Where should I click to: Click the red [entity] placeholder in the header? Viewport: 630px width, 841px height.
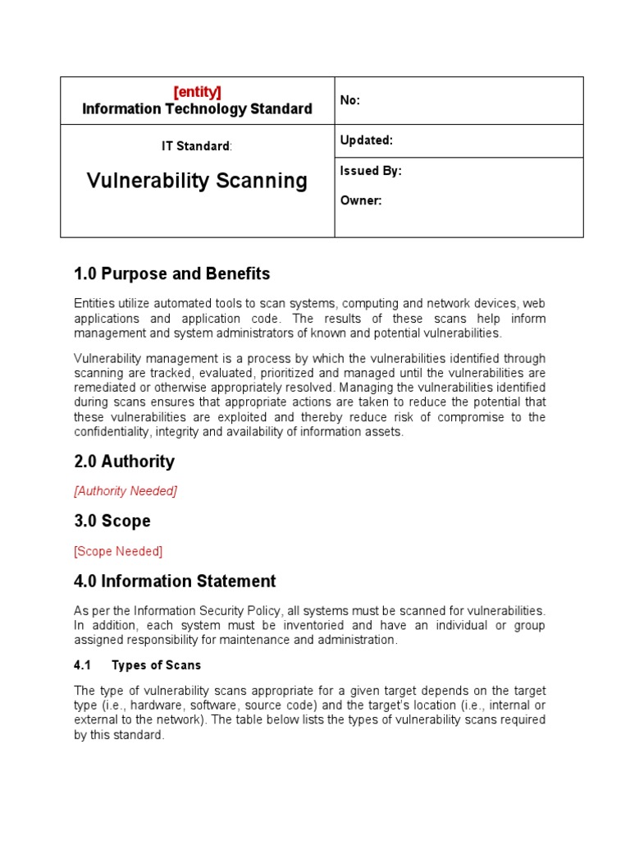pos(197,92)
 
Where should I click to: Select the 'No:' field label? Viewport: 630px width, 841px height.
pos(350,101)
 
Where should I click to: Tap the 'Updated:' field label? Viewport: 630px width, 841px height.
pos(367,140)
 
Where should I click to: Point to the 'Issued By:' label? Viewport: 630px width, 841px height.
pos(371,172)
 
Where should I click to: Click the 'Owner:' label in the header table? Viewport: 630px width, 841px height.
pos(361,200)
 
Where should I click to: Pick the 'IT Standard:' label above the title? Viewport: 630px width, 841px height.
pos(197,146)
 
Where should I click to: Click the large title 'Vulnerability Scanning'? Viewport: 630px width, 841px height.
pos(197,181)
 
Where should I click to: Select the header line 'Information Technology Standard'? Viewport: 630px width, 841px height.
pos(197,109)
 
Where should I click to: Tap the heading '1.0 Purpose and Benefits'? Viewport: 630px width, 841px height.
pos(171,273)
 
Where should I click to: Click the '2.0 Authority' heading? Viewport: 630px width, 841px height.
pos(124,462)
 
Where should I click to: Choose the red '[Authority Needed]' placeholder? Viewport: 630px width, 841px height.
pos(126,491)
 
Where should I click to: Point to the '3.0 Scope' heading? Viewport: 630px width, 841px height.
pos(112,522)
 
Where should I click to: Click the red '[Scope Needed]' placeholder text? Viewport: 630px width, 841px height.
pos(118,551)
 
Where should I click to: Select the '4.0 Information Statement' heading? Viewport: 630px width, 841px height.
pos(175,581)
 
